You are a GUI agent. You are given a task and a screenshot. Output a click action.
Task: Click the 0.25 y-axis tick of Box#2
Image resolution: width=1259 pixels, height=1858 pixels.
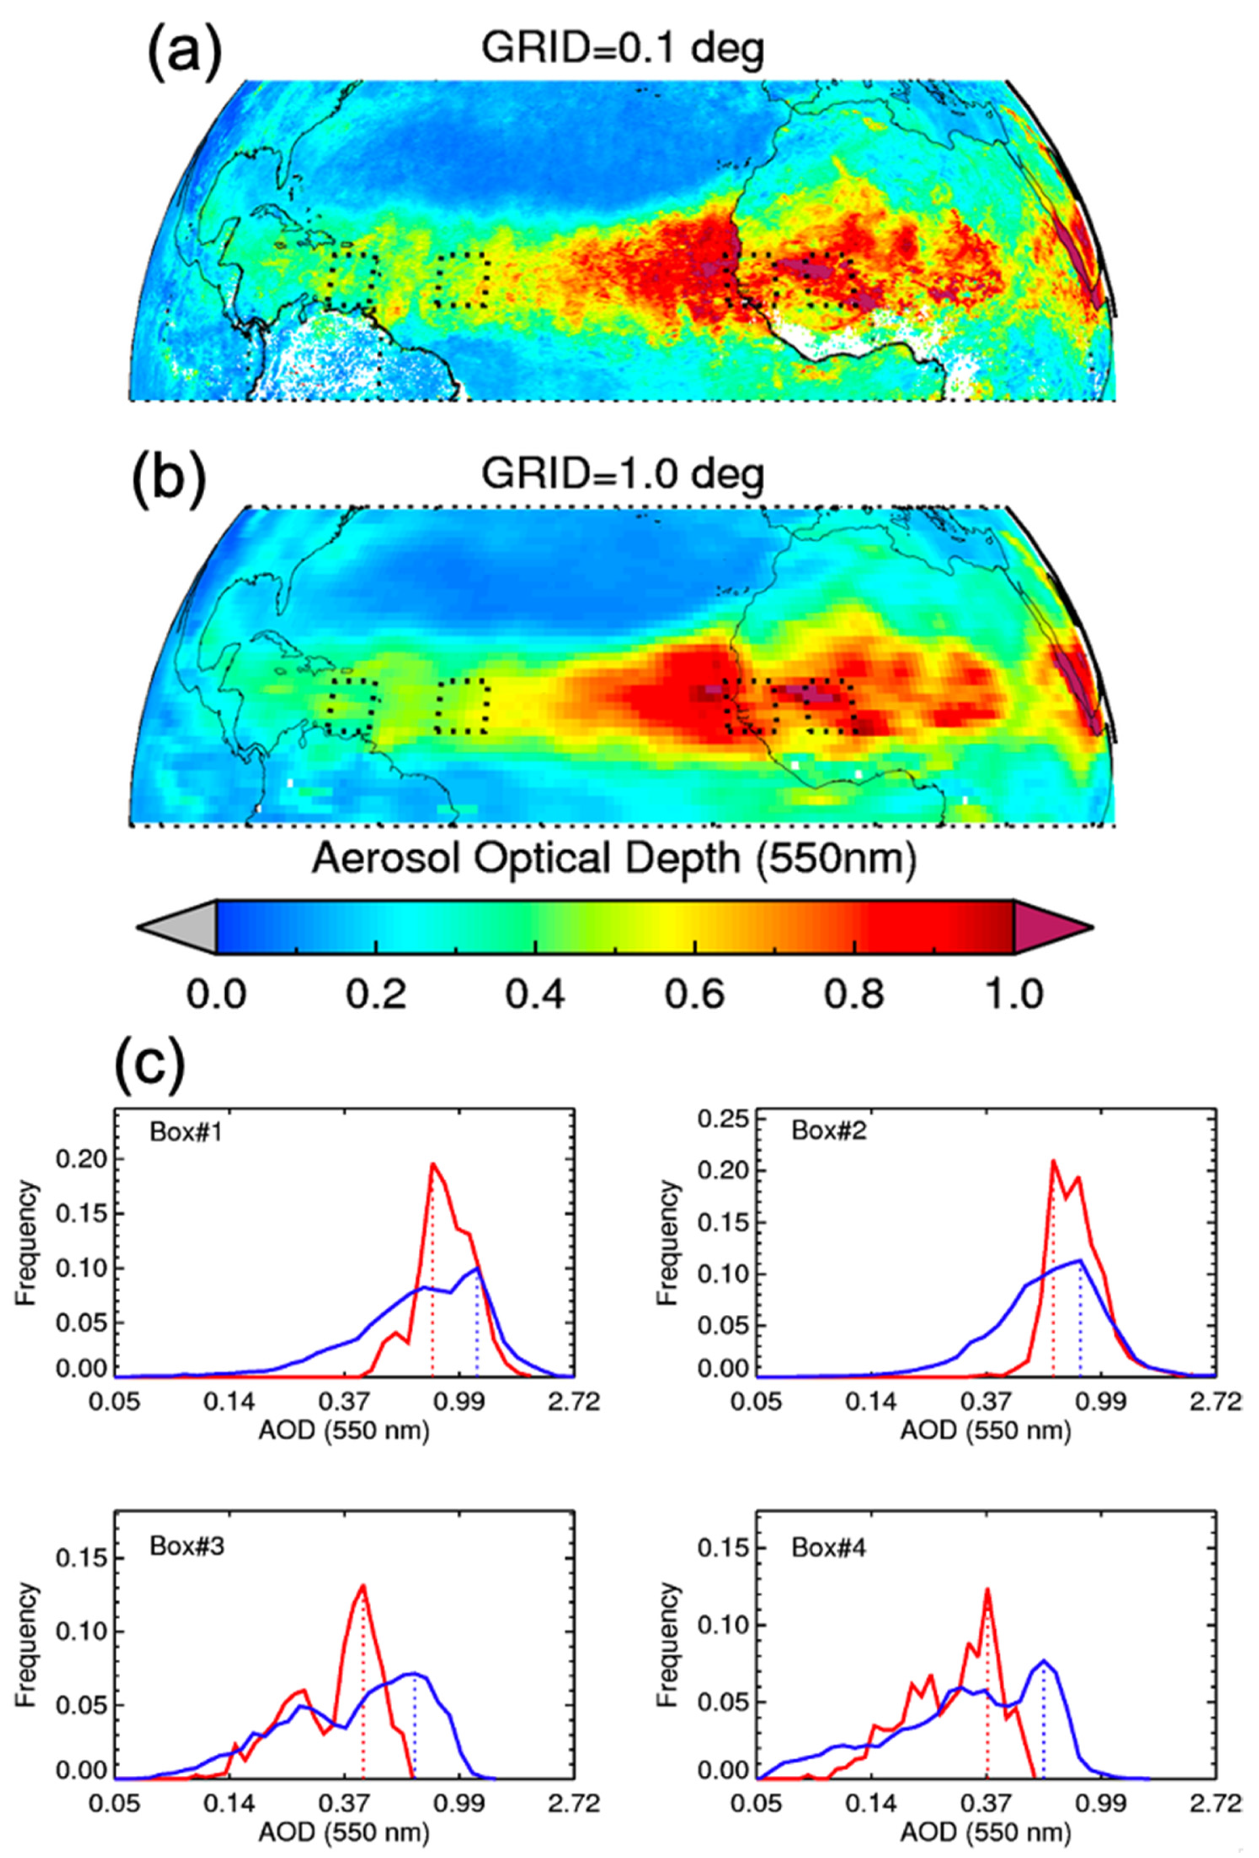[720, 1120]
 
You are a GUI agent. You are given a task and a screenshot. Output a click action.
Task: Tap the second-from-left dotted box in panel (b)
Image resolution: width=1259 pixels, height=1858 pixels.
[462, 705]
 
